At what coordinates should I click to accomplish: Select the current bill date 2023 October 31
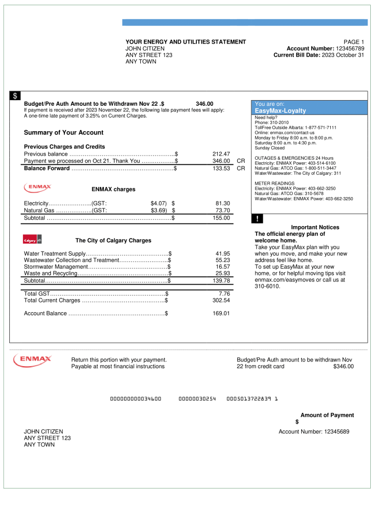(x=343, y=55)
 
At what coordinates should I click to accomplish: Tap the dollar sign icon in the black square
(x=15, y=96)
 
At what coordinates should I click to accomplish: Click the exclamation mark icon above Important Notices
(x=257, y=219)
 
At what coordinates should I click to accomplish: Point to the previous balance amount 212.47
(x=221, y=154)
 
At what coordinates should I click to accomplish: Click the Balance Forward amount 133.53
(x=221, y=169)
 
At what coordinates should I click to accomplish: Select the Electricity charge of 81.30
(x=222, y=203)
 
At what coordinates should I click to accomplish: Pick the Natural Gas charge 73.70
(x=222, y=211)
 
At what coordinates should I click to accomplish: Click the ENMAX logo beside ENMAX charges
(x=37, y=188)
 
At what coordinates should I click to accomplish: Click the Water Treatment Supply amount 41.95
(x=222, y=254)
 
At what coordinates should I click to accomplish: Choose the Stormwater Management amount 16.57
(x=222, y=267)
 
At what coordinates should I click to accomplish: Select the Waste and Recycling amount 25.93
(x=222, y=273)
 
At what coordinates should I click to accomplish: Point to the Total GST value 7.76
(x=224, y=294)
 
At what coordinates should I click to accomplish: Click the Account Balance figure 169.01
(x=221, y=313)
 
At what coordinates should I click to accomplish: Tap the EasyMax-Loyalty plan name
(x=280, y=111)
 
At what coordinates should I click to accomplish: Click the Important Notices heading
(x=315, y=227)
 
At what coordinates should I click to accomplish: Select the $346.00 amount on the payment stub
(x=343, y=366)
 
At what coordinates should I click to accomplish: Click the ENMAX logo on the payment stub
(x=32, y=359)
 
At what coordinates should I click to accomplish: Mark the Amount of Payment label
(x=327, y=415)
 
